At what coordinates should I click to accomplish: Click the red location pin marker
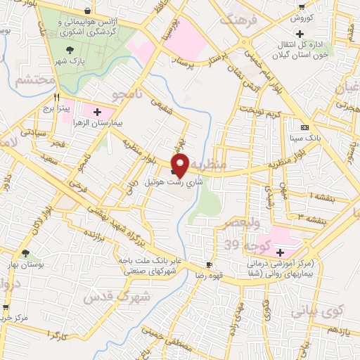point(180,164)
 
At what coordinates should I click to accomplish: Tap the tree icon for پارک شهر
point(69,49)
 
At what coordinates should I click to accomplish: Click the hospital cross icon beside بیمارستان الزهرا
point(97,111)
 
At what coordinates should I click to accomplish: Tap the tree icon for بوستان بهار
point(26,253)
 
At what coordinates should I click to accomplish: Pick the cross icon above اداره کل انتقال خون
point(300,34)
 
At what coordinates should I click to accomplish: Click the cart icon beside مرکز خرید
point(6,307)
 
